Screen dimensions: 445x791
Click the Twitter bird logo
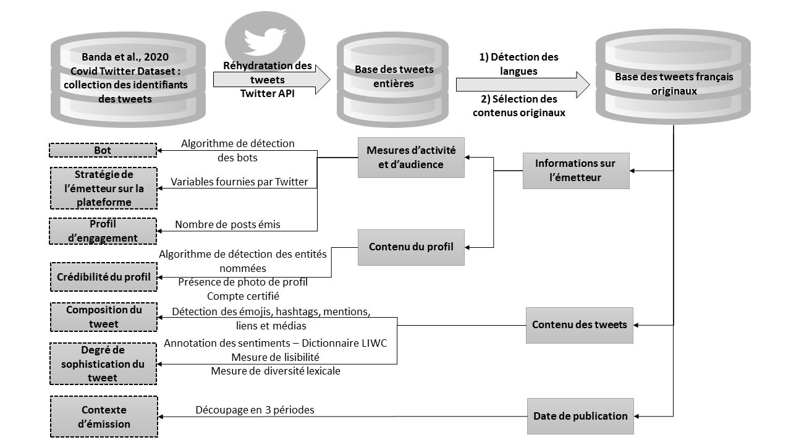click(256, 36)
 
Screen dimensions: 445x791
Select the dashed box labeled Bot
click(103, 150)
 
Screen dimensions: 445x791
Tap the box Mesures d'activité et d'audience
click(410, 157)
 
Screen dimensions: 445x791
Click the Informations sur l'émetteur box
click(575, 171)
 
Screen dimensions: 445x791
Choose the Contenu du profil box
click(410, 247)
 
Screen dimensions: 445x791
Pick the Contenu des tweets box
click(579, 324)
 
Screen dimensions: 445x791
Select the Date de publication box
click(580, 416)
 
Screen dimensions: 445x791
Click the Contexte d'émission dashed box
click(103, 417)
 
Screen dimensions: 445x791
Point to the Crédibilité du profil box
click(103, 276)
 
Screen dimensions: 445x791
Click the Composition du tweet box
click(103, 316)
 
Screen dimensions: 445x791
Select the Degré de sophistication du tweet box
click(103, 364)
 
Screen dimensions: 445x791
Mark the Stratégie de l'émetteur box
click(103, 189)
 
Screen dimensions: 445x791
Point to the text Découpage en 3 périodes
click(255, 410)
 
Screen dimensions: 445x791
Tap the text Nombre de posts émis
click(227, 224)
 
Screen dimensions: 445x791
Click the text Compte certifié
click(243, 296)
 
